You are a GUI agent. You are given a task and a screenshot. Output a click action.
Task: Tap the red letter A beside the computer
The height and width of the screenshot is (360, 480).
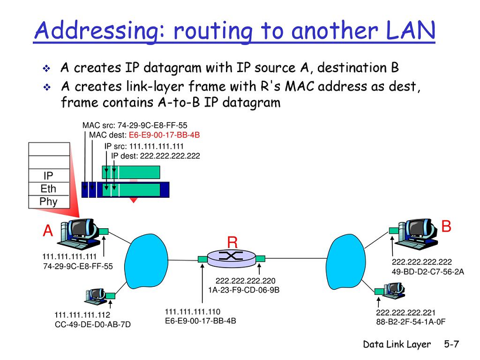pos(48,232)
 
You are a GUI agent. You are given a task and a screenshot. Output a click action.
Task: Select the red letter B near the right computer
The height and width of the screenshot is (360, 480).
pos(446,226)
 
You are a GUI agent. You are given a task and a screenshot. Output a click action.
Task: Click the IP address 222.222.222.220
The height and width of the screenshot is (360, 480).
pos(245,280)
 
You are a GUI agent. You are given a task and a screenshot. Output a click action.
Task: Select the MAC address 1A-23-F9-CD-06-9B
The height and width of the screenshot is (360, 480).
pos(244,289)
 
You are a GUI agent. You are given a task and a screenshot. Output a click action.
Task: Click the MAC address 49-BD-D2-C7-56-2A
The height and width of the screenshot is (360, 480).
pos(428,271)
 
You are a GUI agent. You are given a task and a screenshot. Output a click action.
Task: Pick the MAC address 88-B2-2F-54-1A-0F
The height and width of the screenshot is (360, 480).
pos(412,321)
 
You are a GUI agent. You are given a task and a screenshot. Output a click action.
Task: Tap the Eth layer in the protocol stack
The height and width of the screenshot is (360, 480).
pos(49,188)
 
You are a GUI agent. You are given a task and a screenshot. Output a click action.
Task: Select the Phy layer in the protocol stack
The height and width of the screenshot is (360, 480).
pos(49,201)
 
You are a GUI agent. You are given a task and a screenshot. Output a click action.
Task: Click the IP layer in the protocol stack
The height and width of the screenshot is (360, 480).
pos(49,176)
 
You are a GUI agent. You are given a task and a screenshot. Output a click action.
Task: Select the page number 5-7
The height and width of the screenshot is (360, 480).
pos(451,344)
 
